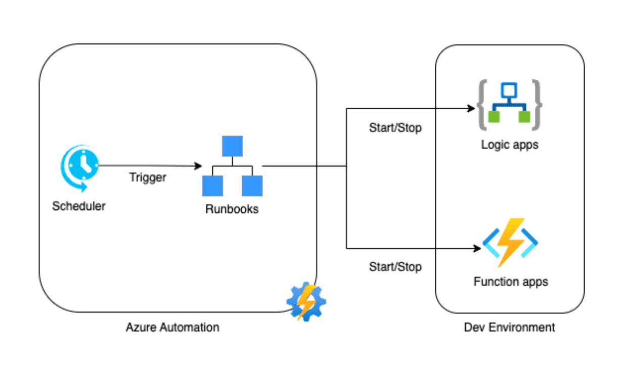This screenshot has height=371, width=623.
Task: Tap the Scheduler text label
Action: pyautogui.click(x=79, y=206)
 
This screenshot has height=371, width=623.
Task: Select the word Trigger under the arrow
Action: pyautogui.click(x=148, y=177)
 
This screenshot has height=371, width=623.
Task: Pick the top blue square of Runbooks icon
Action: pyautogui.click(x=232, y=146)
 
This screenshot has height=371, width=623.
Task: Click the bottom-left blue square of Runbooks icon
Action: pyautogui.click(x=212, y=186)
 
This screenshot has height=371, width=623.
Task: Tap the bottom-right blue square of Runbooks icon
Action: pyautogui.click(x=252, y=186)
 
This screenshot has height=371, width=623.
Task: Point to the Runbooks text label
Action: pyautogui.click(x=232, y=209)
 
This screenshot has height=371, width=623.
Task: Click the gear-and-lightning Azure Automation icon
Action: pyautogui.click(x=306, y=302)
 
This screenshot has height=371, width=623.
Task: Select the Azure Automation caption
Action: pyautogui.click(x=172, y=328)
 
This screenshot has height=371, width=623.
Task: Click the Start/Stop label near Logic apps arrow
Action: pyautogui.click(x=395, y=128)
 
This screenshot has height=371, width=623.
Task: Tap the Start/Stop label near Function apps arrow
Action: pyautogui.click(x=395, y=266)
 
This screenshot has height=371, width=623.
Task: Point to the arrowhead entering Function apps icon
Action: pyautogui.click(x=476, y=248)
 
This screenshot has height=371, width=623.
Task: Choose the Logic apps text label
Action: pyautogui.click(x=510, y=145)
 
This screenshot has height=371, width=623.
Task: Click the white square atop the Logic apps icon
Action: pyautogui.click(x=509, y=90)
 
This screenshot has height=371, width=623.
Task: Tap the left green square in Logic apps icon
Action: pyautogui.click(x=494, y=117)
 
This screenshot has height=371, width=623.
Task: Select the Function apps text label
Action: pyautogui.click(x=511, y=282)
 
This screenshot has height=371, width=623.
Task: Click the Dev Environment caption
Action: pyautogui.click(x=509, y=328)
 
